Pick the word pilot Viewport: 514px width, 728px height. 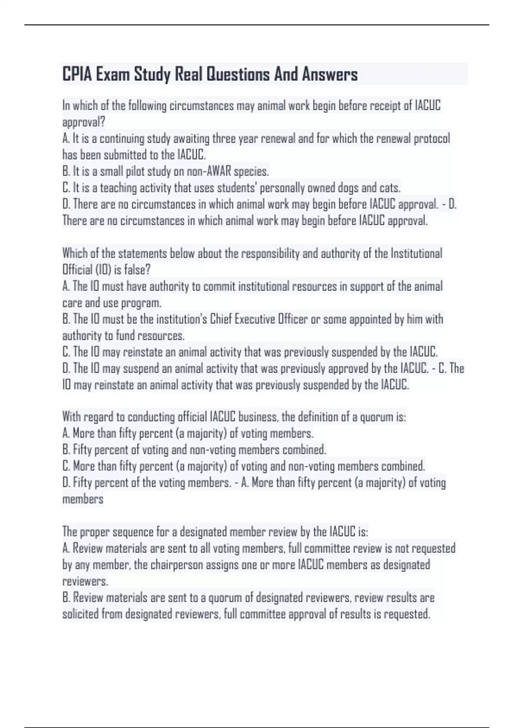coord(135,171)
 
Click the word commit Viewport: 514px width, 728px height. coord(219,286)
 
